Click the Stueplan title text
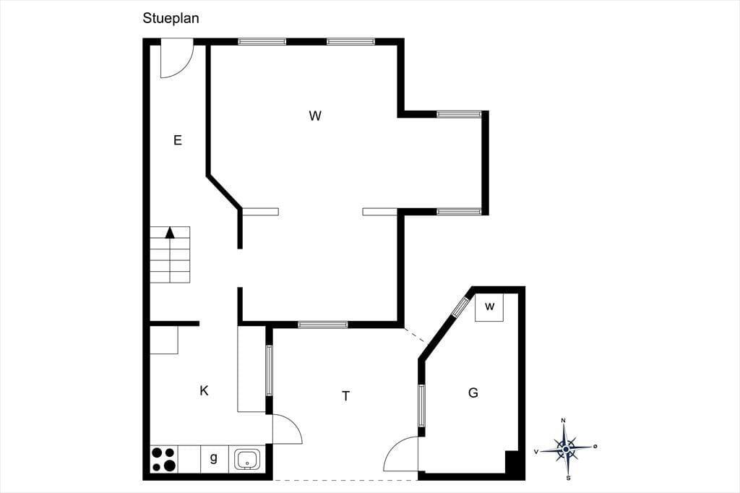(171, 18)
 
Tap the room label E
(178, 140)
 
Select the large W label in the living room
(315, 116)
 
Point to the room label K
(204, 391)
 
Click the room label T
(346, 396)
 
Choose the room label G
(473, 393)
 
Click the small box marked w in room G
(489, 307)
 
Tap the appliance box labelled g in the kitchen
(214, 458)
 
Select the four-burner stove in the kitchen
(164, 459)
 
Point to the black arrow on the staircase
(170, 232)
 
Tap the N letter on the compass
(563, 420)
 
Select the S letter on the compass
(568, 478)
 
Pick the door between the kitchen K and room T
(288, 429)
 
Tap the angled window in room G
(460, 307)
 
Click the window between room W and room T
(323, 325)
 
